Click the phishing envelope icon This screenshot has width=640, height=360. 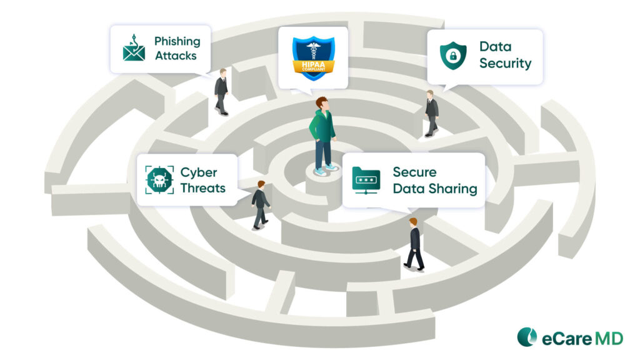coord(134,49)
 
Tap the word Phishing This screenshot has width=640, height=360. coord(177,41)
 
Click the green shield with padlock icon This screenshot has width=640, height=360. coord(452,55)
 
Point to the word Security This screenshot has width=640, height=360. coord(505,63)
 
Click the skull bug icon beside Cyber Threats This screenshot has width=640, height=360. coord(159,179)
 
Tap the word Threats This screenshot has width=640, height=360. coord(202,187)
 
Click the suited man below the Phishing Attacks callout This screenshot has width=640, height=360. coord(221,91)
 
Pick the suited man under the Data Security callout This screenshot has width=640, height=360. coord(431,112)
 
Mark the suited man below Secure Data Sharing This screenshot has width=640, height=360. coord(414,244)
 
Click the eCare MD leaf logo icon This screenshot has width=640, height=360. coord(527,337)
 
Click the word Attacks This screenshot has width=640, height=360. coord(176,56)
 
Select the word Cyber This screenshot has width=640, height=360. coord(198,172)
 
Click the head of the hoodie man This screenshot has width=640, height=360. coord(322,103)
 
